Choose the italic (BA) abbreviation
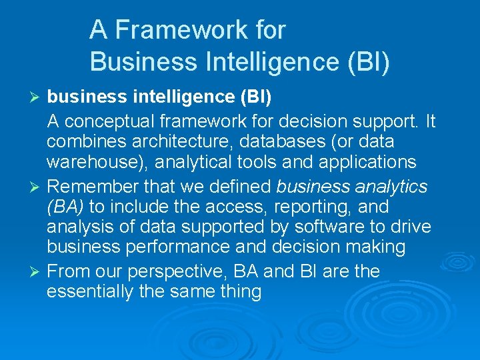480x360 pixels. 65,206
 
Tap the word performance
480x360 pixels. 203,247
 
